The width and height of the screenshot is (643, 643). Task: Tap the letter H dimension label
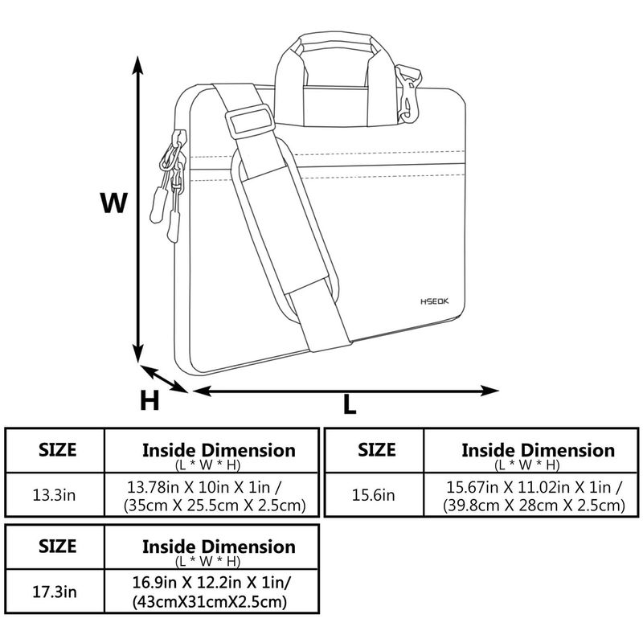pos(149,399)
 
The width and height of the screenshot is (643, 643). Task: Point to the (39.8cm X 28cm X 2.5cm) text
pos(534,505)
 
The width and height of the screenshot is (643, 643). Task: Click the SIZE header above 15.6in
pos(376,449)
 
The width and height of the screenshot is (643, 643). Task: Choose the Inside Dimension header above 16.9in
pos(219,547)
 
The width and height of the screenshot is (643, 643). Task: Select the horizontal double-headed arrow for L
pos(346,391)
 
